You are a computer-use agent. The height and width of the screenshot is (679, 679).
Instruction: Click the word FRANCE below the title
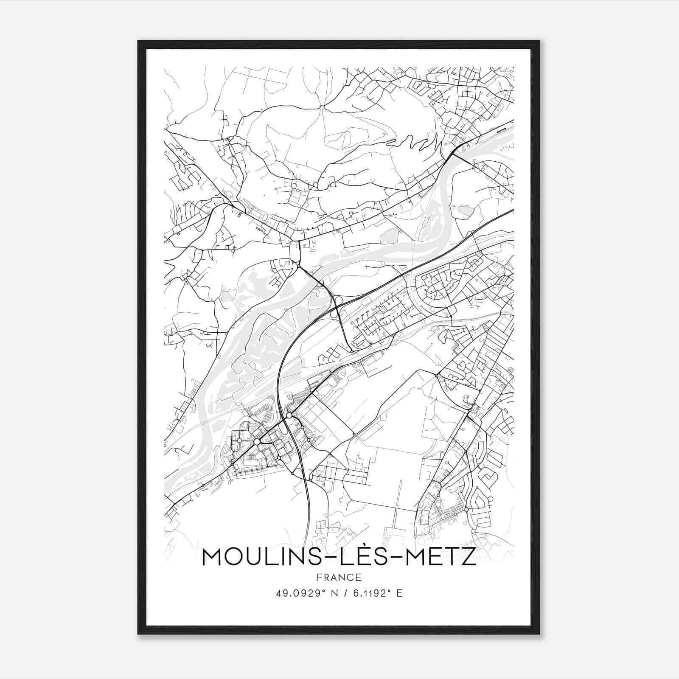(x=339, y=578)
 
